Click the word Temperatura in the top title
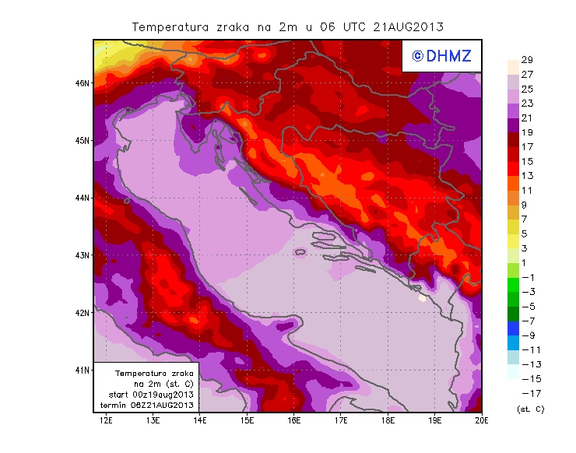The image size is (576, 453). coord(170,26)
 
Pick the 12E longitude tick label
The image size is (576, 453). coord(106,421)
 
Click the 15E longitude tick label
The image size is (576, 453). coord(248,421)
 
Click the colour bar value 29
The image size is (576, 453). coord(526,60)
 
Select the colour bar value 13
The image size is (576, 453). coord(526,176)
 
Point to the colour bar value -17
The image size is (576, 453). coord(526,393)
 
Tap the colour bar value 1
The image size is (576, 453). coord(526,262)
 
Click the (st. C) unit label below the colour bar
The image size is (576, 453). coord(530,409)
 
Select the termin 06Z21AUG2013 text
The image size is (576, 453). coord(151,406)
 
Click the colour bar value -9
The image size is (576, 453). coord(526,335)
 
